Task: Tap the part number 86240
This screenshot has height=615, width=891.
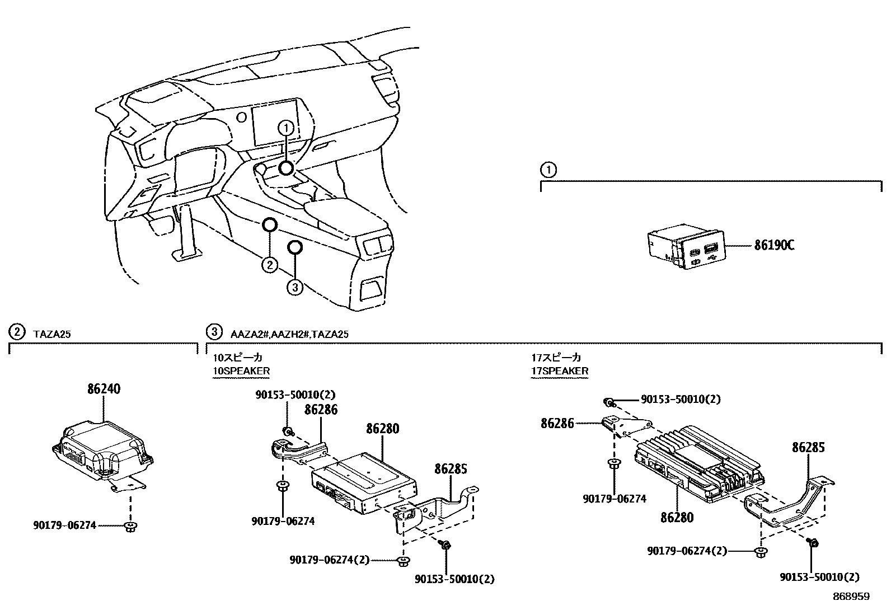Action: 104,389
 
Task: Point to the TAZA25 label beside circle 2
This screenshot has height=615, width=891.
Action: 51,334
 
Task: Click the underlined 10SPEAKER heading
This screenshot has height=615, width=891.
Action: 241,371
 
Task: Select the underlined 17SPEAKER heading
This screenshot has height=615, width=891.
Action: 560,371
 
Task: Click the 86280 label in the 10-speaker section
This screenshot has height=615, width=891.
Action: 383,429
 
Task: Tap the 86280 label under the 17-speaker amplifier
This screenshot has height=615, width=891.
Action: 677,518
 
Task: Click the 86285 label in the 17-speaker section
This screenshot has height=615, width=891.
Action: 808,447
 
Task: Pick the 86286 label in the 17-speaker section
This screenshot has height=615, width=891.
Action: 557,424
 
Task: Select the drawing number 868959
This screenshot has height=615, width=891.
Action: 851,597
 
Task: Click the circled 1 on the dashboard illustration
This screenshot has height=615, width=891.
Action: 286,128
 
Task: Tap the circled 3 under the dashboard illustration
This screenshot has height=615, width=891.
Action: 295,288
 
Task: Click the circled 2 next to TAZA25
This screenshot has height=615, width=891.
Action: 17,332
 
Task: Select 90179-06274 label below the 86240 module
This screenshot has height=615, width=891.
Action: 64,525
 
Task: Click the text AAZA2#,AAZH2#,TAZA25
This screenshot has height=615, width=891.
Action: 289,334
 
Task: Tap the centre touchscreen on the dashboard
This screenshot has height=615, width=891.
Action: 277,126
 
